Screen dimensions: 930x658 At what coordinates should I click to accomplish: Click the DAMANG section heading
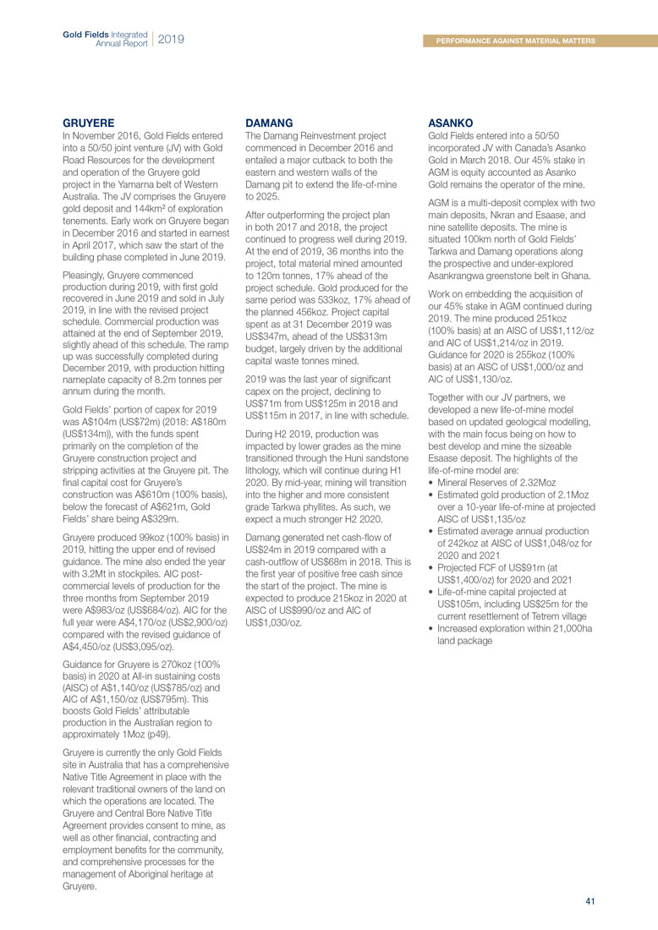click(x=269, y=123)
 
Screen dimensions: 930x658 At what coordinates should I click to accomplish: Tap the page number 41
click(x=590, y=901)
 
